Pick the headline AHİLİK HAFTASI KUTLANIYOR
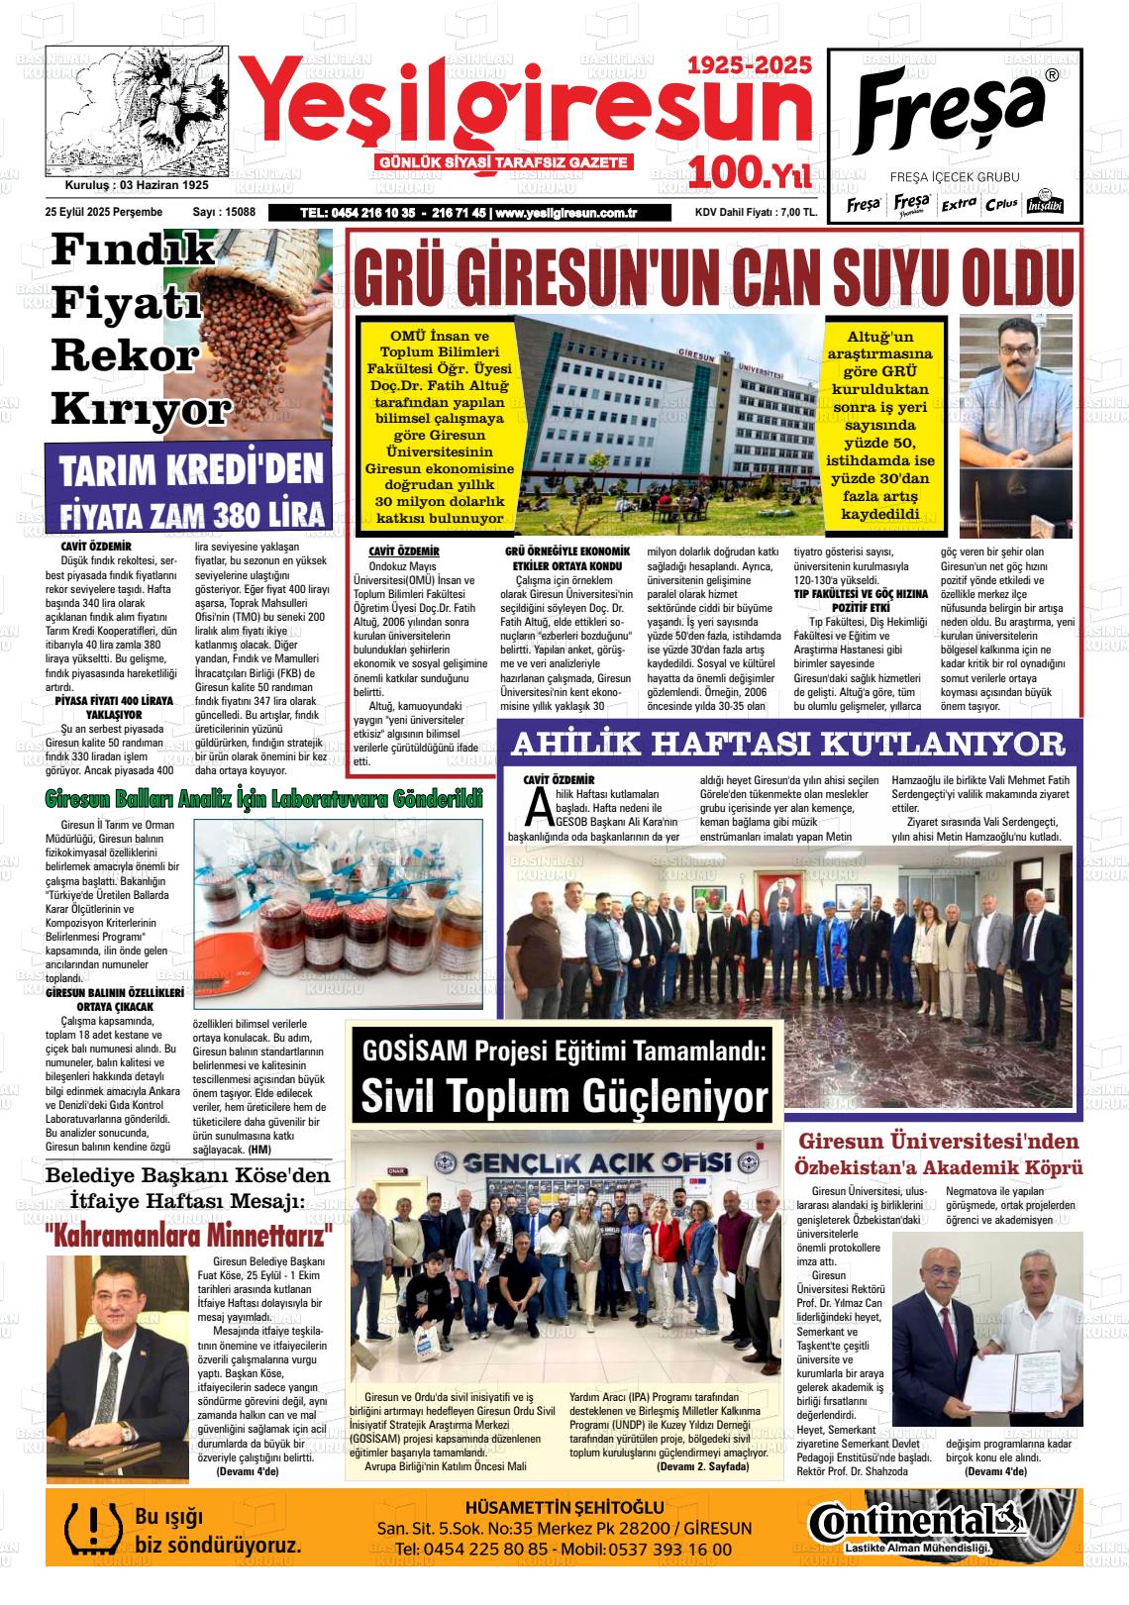coord(788,743)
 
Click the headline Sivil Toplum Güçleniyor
coord(564,1096)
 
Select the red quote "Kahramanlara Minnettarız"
coord(188,1237)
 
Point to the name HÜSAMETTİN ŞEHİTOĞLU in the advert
coord(564,1507)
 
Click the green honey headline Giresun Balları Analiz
coord(263,798)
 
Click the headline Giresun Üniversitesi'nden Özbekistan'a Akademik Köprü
coord(939,1154)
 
